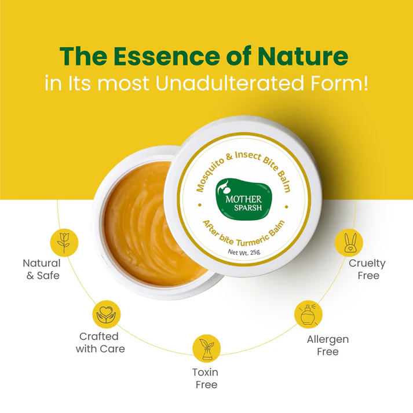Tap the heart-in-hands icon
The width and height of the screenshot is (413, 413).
pyautogui.click(x=106, y=314)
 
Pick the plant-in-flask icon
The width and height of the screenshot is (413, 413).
pyautogui.click(x=206, y=348)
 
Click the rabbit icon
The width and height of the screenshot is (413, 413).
pyautogui.click(x=349, y=242)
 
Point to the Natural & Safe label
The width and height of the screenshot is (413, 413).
pyautogui.click(x=42, y=269)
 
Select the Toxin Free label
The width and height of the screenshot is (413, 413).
pyautogui.click(x=205, y=378)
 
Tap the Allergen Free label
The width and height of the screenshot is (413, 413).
pyautogui.click(x=328, y=345)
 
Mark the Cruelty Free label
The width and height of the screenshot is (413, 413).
pyautogui.click(x=367, y=269)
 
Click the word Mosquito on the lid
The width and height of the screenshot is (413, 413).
pyautogui.click(x=208, y=172)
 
